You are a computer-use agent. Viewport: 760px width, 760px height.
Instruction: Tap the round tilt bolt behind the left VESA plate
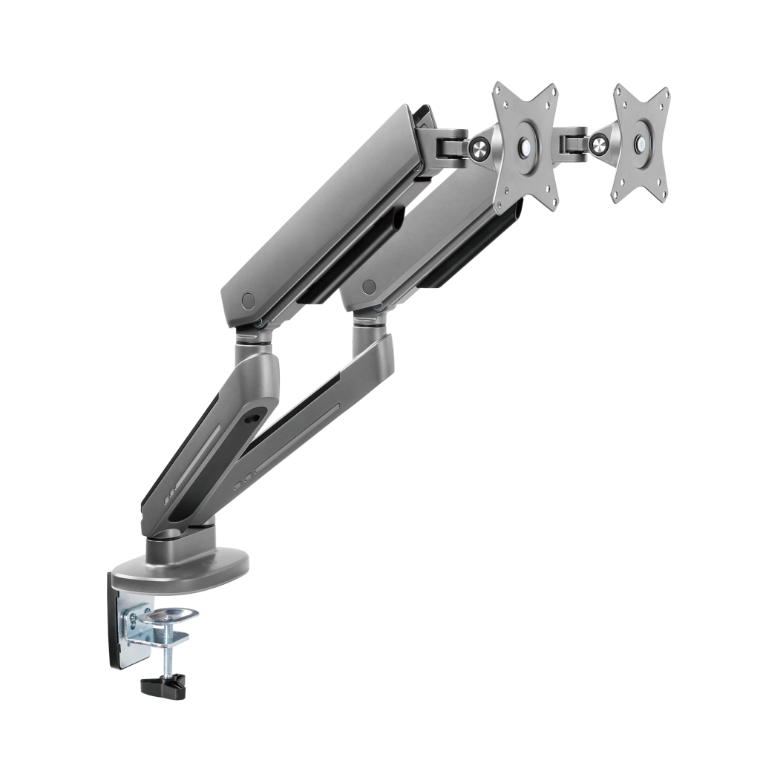coord(479,149)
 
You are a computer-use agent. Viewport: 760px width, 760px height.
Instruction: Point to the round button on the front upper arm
coord(248,301)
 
